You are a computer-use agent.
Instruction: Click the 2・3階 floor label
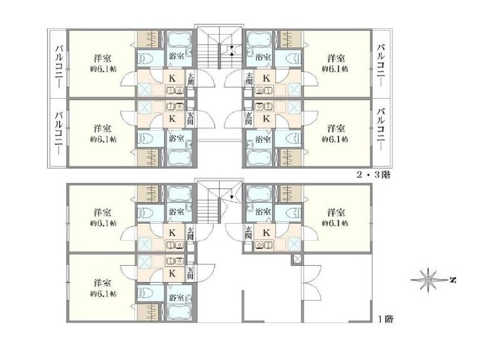pos(374,175)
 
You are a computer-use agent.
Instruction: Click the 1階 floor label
pos(386,319)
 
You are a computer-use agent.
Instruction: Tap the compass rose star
pos(428,280)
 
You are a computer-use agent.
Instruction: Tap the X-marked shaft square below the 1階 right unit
pos(296,259)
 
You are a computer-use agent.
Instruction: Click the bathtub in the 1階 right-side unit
pos(259,194)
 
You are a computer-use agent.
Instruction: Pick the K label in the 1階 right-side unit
pos(266,233)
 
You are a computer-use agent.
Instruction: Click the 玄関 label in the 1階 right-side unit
pos(249,233)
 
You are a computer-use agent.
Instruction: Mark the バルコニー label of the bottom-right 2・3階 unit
pos(381,129)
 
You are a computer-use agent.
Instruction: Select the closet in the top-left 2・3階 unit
pos(147,39)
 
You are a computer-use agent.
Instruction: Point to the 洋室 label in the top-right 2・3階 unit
pos(336,58)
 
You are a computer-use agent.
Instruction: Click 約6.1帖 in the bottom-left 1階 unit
pos(104,293)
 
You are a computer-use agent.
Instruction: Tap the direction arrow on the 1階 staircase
pos(232,197)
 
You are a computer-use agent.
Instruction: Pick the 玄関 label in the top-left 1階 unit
pos(190,233)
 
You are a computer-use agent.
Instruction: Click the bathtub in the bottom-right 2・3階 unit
pos(259,158)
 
